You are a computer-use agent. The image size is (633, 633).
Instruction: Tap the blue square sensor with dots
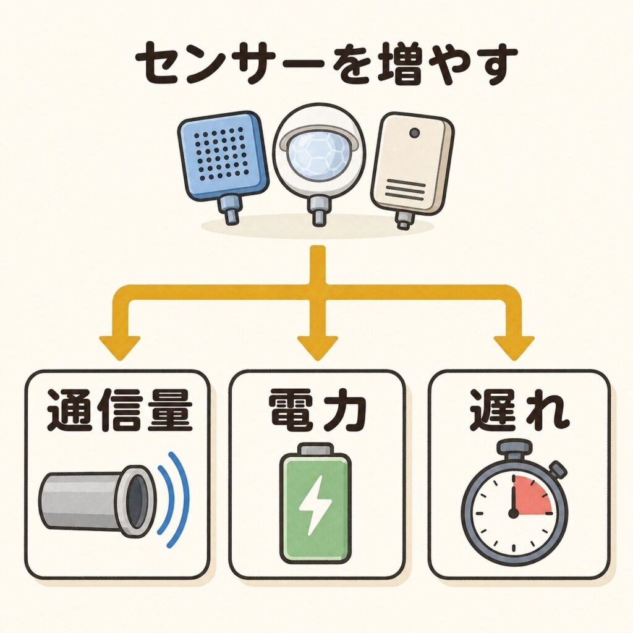[223, 155]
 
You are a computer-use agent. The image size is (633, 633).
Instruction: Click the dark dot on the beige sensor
[414, 132]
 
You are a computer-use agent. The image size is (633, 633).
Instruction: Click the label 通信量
[119, 410]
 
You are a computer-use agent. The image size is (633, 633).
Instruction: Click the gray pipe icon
[97, 501]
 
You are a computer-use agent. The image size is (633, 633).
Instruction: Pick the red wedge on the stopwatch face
[531, 495]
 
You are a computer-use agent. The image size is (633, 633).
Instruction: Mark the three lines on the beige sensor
[406, 190]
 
